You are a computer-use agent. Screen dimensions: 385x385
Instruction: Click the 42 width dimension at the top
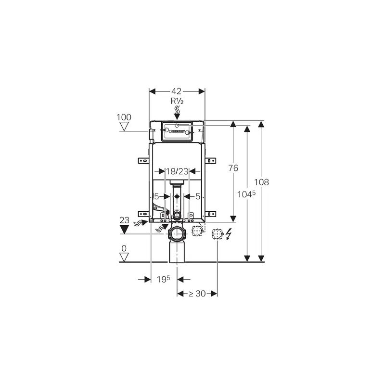(x=176, y=91)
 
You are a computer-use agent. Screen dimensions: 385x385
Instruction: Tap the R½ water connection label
(x=177, y=101)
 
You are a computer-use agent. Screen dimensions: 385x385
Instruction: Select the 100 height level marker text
(x=124, y=117)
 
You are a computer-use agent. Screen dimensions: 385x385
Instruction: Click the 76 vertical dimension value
(x=233, y=168)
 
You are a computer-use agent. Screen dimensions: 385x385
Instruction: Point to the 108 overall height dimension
(x=261, y=182)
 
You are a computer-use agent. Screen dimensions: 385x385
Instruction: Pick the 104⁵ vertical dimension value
(x=246, y=194)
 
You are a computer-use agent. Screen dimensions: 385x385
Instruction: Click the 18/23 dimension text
(x=177, y=171)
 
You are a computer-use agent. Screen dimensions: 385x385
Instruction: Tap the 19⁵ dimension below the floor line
(x=164, y=279)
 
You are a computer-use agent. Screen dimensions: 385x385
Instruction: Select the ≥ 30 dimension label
(x=197, y=294)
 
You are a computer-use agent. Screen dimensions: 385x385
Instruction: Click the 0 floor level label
(x=124, y=248)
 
